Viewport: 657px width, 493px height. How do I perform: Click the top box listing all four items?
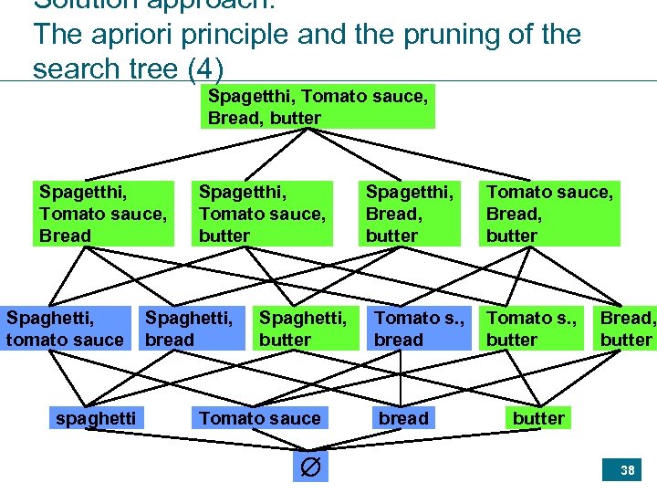pos(318,106)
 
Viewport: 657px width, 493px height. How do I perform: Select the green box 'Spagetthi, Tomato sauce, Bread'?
pos(103,214)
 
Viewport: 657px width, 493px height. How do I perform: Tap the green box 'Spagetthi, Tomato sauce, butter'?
pos(263,214)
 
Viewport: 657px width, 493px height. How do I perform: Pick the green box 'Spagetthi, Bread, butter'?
pos(410,214)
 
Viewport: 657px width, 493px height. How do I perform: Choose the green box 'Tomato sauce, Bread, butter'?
pos(550,214)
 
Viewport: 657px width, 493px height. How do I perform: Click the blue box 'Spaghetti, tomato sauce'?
pos(65,329)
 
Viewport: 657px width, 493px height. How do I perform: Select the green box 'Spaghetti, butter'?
pos(304,329)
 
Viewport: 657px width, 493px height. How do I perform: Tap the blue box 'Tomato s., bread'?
pos(420,329)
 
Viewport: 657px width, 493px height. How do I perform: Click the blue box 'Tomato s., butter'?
pos(532,329)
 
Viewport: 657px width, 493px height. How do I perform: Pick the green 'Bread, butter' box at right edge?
pos(627,329)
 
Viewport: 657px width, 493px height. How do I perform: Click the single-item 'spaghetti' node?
pos(96,418)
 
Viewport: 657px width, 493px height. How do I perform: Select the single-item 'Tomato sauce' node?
pos(260,418)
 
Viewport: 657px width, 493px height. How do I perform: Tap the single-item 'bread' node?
pos(403,418)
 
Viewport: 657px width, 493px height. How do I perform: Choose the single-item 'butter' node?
pos(538,418)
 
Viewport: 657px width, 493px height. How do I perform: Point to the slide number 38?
pos(627,471)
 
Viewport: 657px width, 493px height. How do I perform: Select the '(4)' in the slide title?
pos(203,69)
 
